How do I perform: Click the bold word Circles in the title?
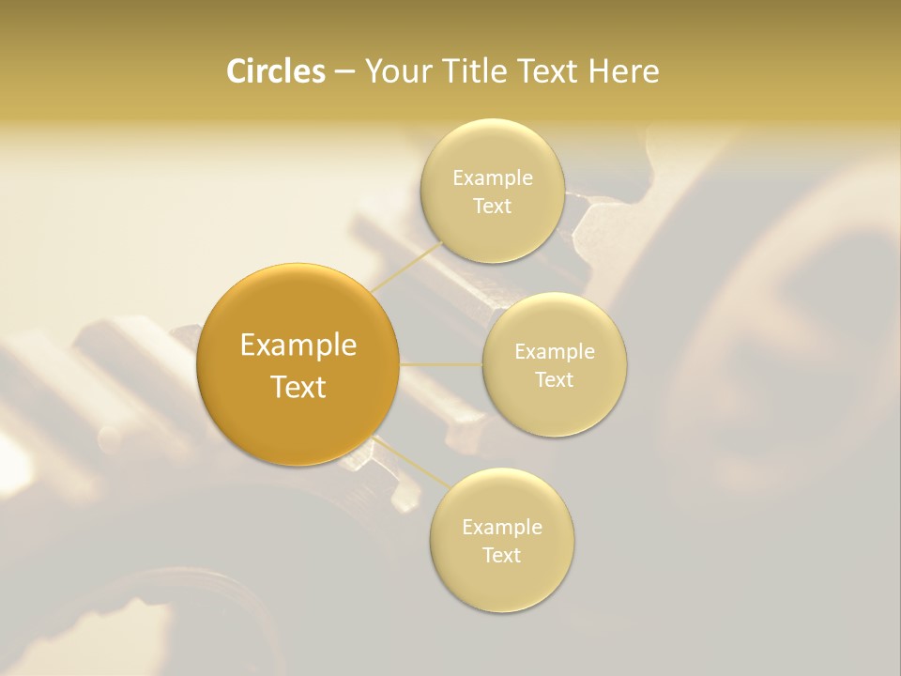pos(275,71)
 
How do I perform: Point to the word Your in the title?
pos(395,71)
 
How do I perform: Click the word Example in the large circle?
pos(298,346)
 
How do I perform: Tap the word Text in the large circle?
pos(298,387)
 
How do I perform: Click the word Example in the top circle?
pos(493,178)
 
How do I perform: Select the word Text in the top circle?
pos(493,207)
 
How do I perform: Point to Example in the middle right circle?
pos(555,352)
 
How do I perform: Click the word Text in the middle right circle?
pos(555,380)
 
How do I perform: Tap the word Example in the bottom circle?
pos(502,528)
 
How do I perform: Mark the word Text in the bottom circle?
pos(502,556)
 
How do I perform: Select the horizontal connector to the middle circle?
pos(441,364)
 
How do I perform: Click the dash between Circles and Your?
pos(344,71)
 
